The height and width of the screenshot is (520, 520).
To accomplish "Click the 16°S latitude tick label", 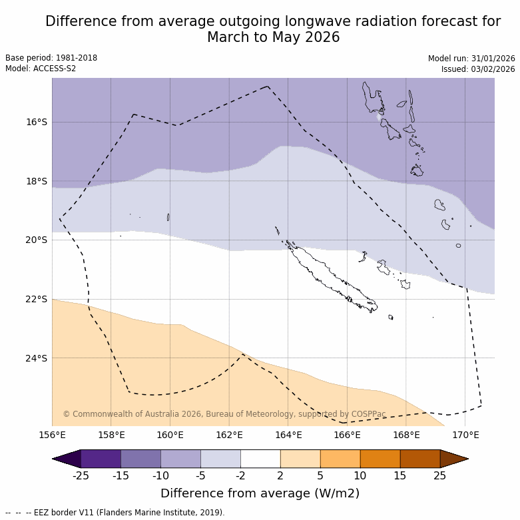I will [37, 122].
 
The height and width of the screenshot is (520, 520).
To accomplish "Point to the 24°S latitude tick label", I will [37, 358].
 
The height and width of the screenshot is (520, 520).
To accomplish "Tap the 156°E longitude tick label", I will [52, 435].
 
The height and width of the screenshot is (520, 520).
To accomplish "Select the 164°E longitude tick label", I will [288, 435].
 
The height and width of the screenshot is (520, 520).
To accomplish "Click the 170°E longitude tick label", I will [465, 435].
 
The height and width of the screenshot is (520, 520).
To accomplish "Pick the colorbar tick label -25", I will [81, 475].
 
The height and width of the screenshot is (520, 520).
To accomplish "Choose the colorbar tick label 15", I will [400, 475].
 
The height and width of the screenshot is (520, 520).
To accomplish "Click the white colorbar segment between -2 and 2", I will [260, 459].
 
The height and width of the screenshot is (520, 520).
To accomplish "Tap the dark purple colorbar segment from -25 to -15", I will [101, 459].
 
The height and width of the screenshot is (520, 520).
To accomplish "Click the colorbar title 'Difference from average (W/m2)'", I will [260, 493].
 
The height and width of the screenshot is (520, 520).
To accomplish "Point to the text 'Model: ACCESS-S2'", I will [41, 69].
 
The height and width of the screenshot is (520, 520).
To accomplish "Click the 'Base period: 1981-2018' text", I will [51, 58].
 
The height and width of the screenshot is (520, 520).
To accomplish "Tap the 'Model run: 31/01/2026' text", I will [471, 59].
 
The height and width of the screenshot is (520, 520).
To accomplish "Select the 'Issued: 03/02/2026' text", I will [478, 69].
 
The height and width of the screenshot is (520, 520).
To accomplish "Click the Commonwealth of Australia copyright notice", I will [224, 414].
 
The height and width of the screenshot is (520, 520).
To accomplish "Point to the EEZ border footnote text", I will [115, 513].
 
